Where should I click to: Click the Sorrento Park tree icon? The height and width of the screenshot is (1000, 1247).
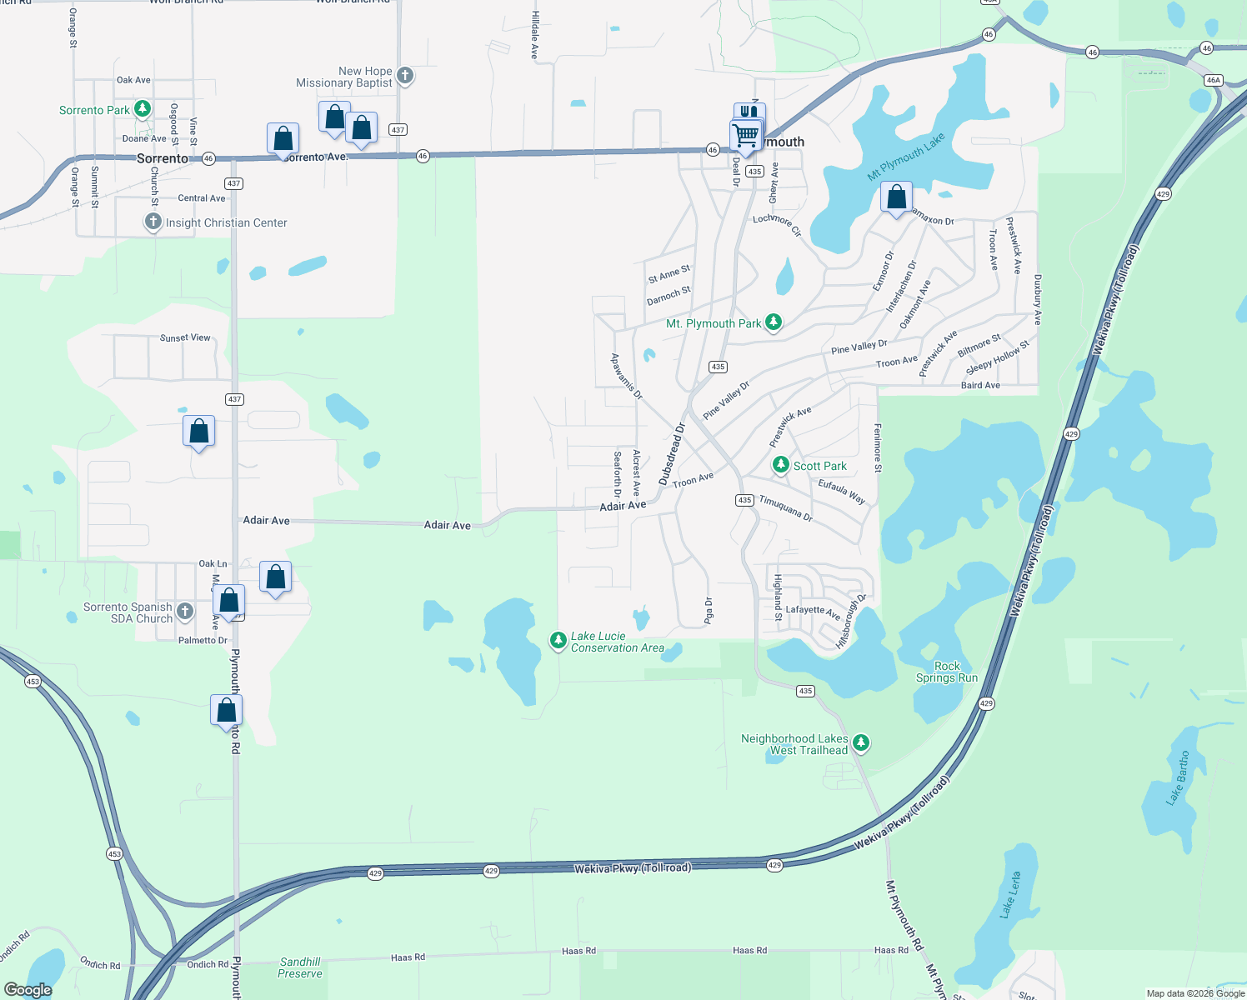[x=143, y=109]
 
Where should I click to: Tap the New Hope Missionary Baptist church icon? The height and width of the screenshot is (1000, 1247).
[x=405, y=77]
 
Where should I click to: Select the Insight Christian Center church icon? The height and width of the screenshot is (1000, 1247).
[x=153, y=222]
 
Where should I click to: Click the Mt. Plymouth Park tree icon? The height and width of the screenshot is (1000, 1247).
[x=774, y=322]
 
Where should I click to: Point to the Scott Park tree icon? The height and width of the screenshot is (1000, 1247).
[x=781, y=465]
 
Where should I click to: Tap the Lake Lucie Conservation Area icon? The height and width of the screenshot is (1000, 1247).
[x=558, y=641]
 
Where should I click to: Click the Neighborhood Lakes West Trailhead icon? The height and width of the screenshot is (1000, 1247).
[x=861, y=742]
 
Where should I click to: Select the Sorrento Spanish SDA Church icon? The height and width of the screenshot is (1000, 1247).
[x=185, y=612]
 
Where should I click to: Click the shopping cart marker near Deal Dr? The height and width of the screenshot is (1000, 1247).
[x=746, y=135]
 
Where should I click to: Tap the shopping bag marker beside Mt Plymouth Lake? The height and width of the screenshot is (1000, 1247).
[x=896, y=198]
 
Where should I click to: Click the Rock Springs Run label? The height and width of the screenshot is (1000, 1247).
[x=947, y=672]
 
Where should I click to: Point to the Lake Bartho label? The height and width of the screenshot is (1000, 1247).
[x=1178, y=777]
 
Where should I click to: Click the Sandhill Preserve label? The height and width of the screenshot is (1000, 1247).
[x=300, y=967]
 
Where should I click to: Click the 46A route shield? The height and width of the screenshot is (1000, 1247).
[x=1213, y=80]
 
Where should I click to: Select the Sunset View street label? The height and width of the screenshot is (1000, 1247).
[x=185, y=337]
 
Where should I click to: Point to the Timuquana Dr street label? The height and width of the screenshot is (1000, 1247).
[x=785, y=507]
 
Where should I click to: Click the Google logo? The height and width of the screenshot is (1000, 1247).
[x=28, y=990]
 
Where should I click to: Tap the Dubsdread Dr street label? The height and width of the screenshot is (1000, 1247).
[x=672, y=454]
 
